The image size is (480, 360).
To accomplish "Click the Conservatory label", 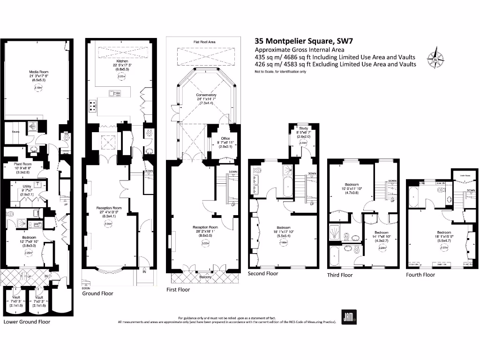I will [206, 95].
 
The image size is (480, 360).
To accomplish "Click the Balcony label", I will [205, 277].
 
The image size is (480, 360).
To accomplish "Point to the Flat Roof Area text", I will [204, 42].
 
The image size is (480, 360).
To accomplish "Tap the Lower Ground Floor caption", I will [27, 322].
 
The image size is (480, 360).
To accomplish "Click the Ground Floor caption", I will [97, 293].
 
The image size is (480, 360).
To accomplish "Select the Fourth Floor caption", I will [420, 275].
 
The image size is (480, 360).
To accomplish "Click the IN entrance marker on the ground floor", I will [143, 271].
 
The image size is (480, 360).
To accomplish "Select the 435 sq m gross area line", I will [335, 57].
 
